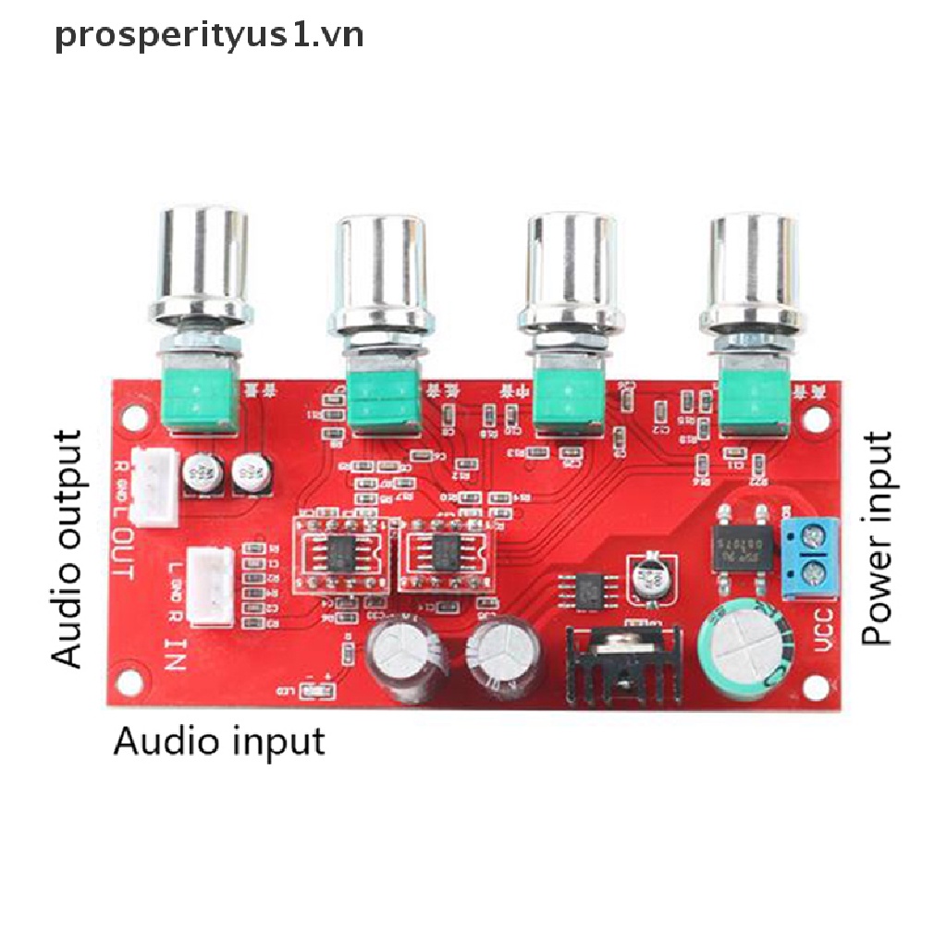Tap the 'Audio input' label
coord(219,741)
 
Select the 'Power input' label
coord(876,537)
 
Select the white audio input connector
coord(212,584)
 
